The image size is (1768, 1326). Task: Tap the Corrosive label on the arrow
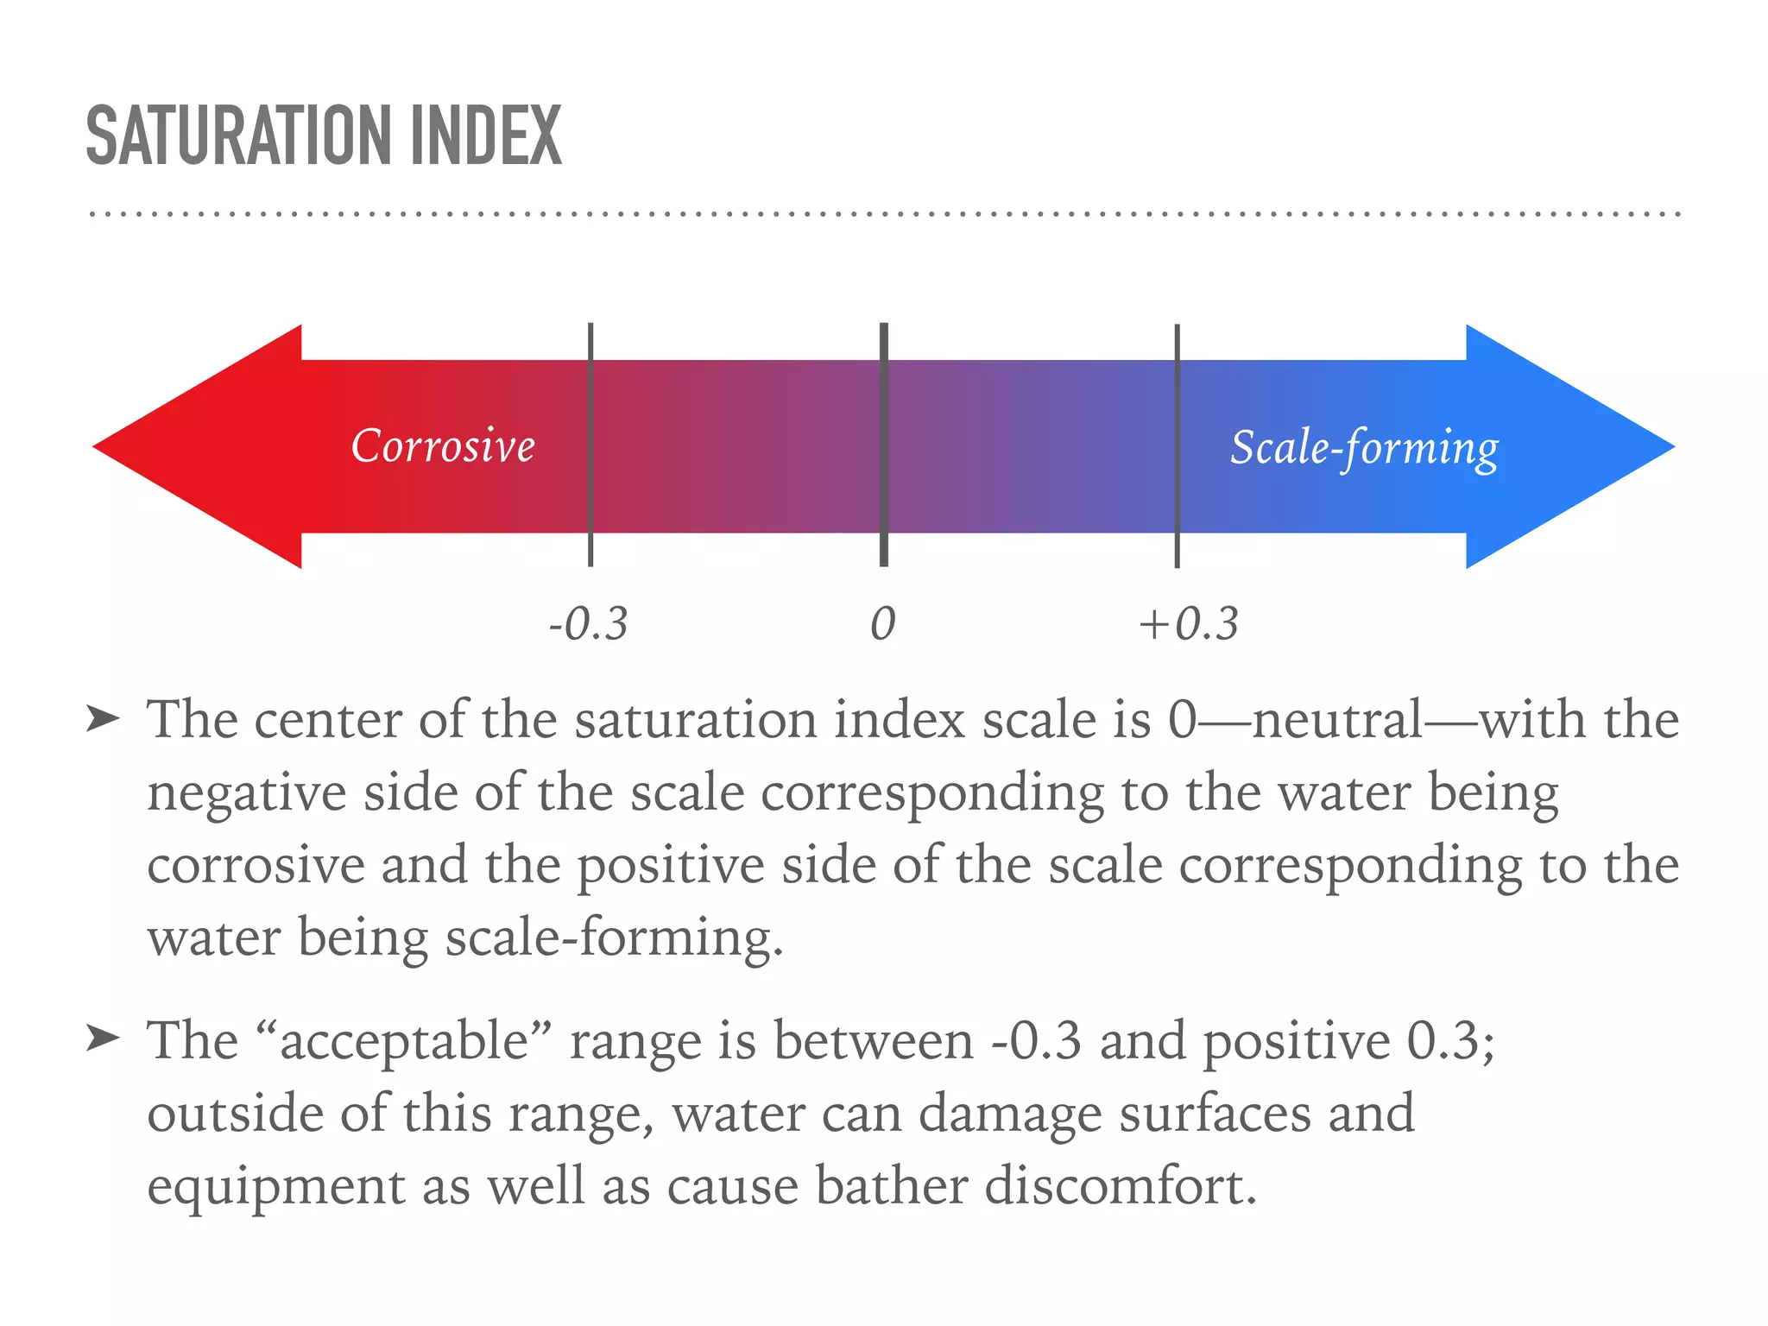point(443,446)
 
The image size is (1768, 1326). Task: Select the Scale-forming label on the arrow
point(1364,448)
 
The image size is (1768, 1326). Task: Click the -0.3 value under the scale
point(589,623)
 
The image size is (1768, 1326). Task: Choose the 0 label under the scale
point(882,623)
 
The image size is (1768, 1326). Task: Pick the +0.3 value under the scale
point(1189,623)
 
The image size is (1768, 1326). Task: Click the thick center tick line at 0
point(884,445)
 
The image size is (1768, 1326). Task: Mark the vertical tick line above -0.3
point(590,445)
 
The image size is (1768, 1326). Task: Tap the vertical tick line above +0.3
point(1177,445)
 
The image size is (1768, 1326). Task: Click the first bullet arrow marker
point(103,718)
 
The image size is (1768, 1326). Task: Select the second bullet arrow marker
point(103,1039)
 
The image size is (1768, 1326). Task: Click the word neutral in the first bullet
point(1337,720)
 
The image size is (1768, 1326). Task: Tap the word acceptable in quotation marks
point(403,1041)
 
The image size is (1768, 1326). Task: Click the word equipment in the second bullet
point(275,1188)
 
